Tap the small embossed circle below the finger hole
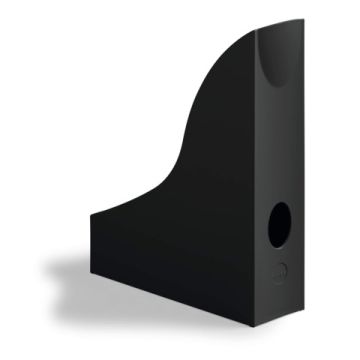click(281, 269)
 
